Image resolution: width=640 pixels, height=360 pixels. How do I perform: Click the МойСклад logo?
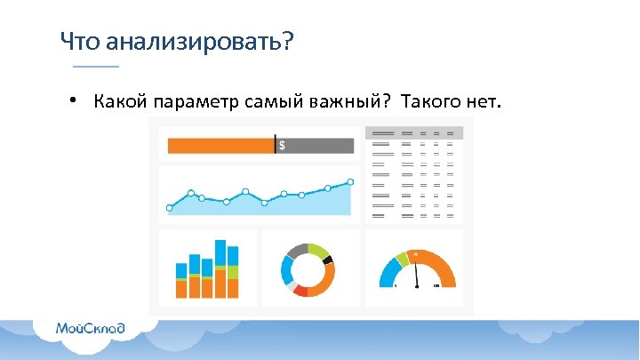90,329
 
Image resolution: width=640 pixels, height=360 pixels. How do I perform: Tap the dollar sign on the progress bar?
283,146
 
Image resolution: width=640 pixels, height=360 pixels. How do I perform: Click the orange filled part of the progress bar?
220,146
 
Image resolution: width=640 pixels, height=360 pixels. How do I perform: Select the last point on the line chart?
350,181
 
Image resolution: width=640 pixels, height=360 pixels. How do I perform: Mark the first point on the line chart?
169,208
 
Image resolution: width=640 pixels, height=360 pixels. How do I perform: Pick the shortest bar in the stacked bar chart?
181,279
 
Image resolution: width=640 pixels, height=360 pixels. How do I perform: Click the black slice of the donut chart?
328,260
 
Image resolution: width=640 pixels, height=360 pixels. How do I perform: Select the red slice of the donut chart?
300,290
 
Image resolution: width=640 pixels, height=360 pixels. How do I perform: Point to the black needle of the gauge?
415,276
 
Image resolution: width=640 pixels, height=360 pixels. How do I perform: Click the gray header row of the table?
413,133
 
